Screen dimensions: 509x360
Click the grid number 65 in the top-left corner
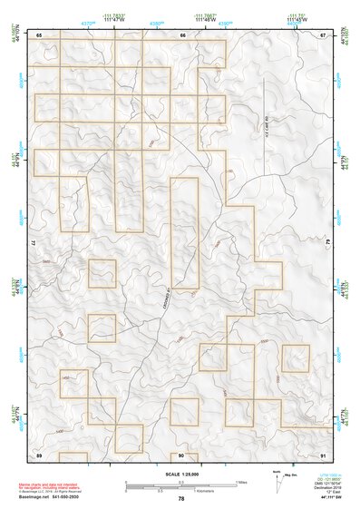(x=39, y=34)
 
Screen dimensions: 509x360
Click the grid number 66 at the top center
(x=182, y=34)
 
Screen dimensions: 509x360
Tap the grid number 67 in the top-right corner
(x=323, y=34)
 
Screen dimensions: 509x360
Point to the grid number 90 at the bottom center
(x=181, y=454)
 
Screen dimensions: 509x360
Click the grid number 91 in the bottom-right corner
(x=323, y=454)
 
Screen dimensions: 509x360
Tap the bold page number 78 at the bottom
(x=181, y=498)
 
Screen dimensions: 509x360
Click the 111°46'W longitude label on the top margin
(x=206, y=19)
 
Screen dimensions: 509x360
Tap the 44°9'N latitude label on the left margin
(x=15, y=160)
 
